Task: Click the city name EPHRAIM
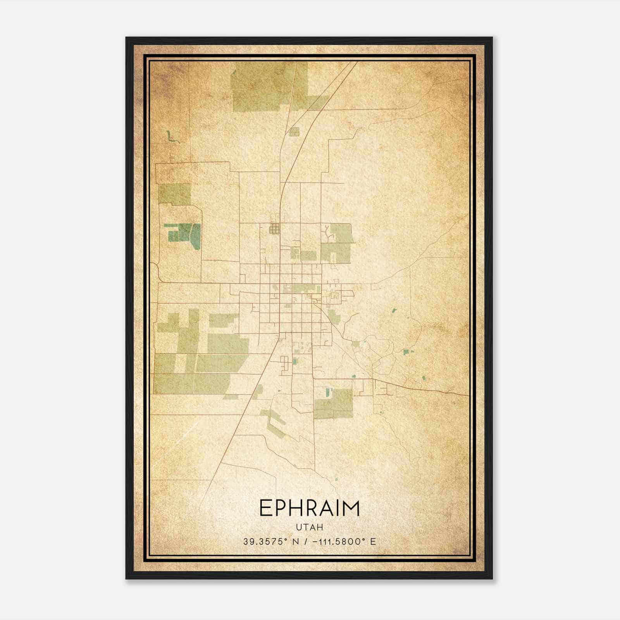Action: [x=309, y=508]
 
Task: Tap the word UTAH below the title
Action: [x=309, y=527]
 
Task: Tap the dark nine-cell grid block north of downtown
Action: [x=274, y=229]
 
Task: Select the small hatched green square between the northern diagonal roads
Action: [x=294, y=132]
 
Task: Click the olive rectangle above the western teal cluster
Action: [x=175, y=194]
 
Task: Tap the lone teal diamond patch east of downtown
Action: [x=394, y=310]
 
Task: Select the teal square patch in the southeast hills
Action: [x=406, y=352]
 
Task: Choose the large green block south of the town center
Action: [x=334, y=404]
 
